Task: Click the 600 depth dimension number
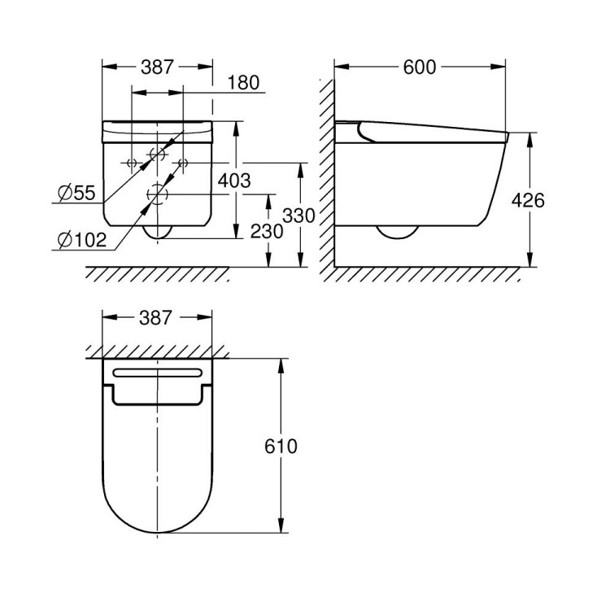tap(420, 68)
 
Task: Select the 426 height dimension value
tap(529, 200)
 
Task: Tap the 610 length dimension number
tap(281, 446)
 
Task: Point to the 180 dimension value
tap(242, 83)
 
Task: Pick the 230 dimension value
tap(268, 231)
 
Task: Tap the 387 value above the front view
tap(157, 68)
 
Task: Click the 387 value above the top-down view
tap(157, 317)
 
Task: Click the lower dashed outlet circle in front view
tap(157, 194)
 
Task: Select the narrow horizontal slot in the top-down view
tap(157, 373)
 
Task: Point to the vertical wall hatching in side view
tap(326, 171)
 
